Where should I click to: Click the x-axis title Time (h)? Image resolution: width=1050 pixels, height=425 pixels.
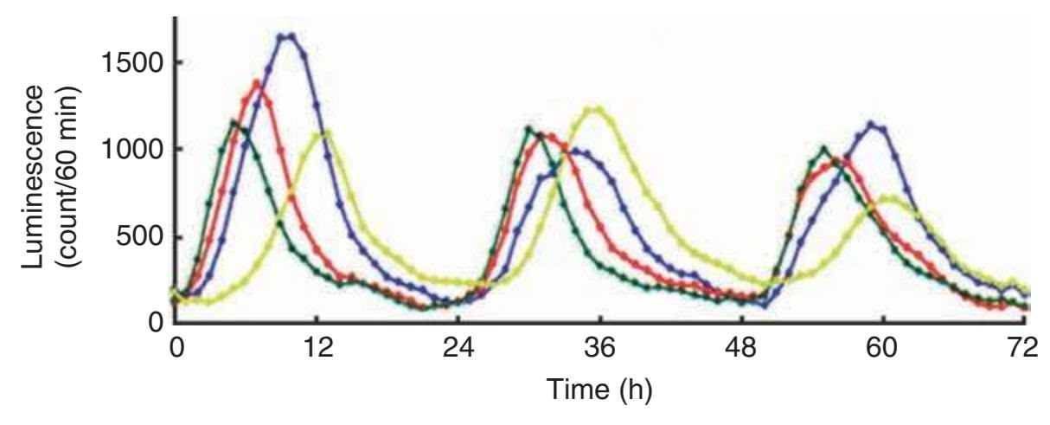pyautogui.click(x=598, y=390)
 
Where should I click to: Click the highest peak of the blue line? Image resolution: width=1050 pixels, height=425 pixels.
pyautogui.click(x=286, y=35)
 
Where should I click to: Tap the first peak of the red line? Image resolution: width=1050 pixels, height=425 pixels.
pyautogui.click(x=257, y=82)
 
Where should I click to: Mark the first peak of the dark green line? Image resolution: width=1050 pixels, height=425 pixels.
pyautogui.click(x=233, y=122)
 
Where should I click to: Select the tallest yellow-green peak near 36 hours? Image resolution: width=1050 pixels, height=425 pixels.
pyautogui.click(x=594, y=109)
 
